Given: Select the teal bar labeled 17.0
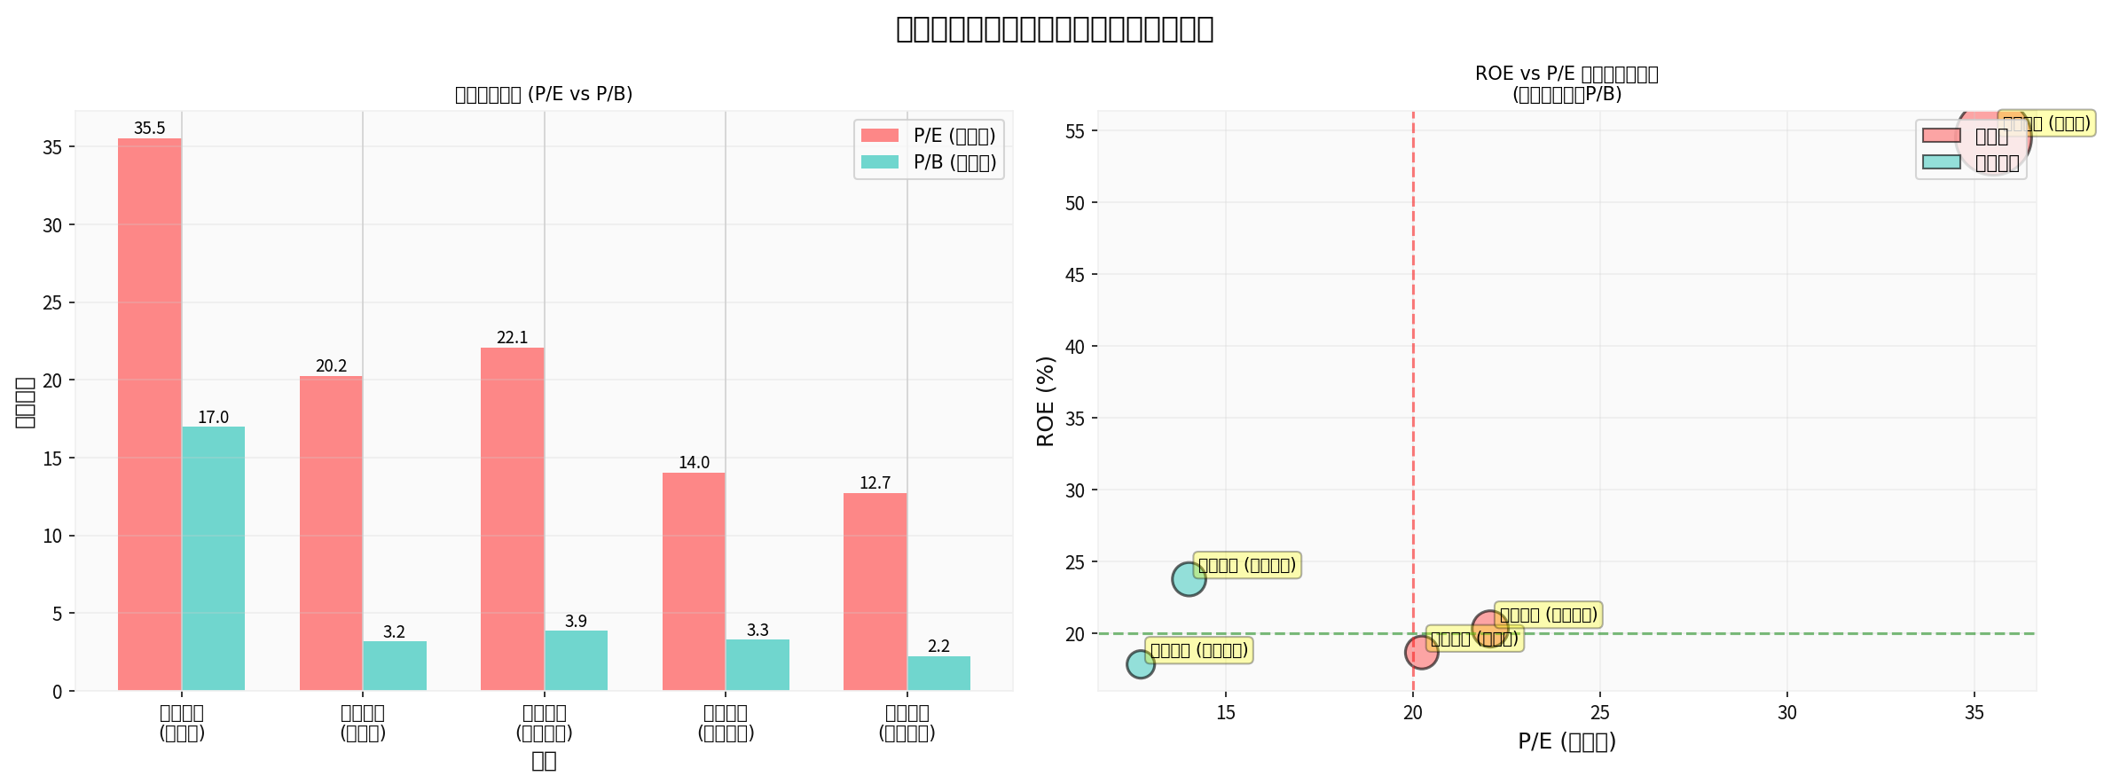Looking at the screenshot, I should pyautogui.click(x=213, y=559).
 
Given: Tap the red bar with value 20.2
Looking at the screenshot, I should pyautogui.click(x=331, y=533).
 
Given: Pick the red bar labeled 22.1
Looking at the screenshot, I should pyautogui.click(x=512, y=519).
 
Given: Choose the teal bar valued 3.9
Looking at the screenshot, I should pyautogui.click(x=576, y=661).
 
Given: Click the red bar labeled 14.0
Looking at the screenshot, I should pyautogui.click(x=694, y=582).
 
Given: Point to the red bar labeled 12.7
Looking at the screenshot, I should pyautogui.click(x=875, y=592).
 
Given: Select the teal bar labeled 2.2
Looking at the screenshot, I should pyautogui.click(x=938, y=673).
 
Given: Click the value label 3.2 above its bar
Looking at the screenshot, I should pyautogui.click(x=394, y=632).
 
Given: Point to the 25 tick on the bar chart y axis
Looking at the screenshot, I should pyautogui.click(x=52, y=303).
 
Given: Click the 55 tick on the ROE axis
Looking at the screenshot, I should pyautogui.click(x=1075, y=131).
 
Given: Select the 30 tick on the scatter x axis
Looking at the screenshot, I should pyautogui.click(x=1786, y=713).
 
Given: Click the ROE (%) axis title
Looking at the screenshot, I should pyautogui.click(x=1046, y=401).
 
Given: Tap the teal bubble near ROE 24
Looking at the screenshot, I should pyautogui.click(x=1189, y=579).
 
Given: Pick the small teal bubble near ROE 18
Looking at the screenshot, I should pyautogui.click(x=1141, y=663).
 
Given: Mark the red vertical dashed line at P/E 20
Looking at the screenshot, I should pyautogui.click(x=1413, y=399).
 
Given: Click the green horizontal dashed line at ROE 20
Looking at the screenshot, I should pyautogui.click(x=1685, y=634).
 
